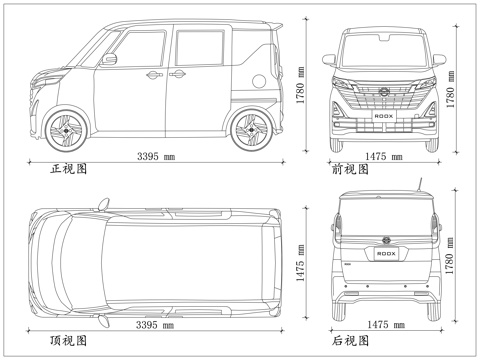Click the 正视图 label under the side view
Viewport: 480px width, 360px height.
(x=69, y=169)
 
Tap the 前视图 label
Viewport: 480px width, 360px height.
(x=351, y=169)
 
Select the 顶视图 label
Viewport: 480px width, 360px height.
(x=69, y=340)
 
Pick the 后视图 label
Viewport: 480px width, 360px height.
(x=351, y=340)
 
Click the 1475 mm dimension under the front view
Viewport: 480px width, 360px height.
(x=383, y=157)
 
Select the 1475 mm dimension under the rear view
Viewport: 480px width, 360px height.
(x=383, y=326)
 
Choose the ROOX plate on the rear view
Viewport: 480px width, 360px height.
(x=384, y=254)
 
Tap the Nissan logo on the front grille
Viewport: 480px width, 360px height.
(x=384, y=92)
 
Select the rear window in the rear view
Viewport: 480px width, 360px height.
(x=384, y=213)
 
